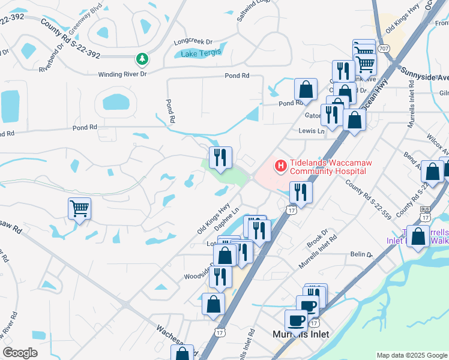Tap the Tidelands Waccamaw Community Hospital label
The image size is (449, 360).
328,166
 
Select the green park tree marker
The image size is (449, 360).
142,59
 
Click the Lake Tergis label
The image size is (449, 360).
201,53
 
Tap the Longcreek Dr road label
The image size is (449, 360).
193,42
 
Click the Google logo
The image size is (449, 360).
20,353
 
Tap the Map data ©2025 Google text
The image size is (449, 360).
412,355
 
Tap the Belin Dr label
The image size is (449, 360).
362,254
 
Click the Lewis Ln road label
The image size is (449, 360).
312,131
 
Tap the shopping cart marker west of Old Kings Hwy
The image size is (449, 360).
80,209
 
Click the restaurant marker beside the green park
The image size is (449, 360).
220,157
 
